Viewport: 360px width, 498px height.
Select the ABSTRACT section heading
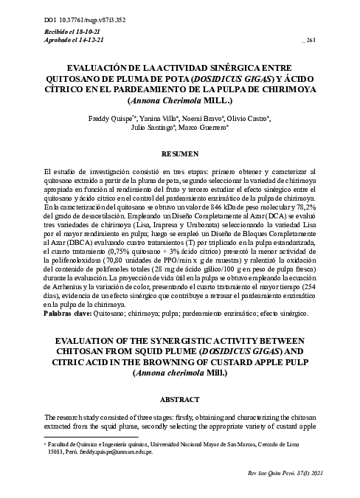[x=179, y=398]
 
